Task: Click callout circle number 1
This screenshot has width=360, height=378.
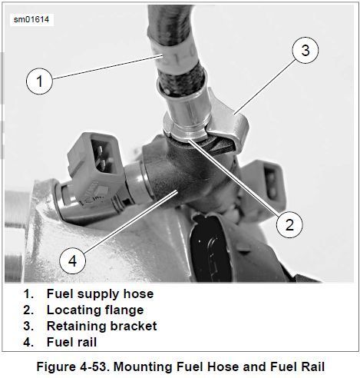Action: tap(39, 81)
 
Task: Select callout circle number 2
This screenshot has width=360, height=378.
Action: tap(289, 224)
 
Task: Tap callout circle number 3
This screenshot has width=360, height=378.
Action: tap(306, 50)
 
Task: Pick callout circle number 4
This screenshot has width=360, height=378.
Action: tap(73, 261)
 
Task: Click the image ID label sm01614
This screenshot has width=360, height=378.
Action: tap(31, 19)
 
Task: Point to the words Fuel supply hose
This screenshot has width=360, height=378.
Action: tap(100, 293)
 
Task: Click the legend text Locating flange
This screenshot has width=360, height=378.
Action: tap(95, 310)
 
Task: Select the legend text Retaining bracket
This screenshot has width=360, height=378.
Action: tap(102, 326)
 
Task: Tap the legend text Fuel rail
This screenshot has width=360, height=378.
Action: tap(72, 342)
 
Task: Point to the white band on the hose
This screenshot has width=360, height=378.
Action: tap(175, 58)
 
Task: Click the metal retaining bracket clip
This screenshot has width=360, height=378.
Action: tap(226, 121)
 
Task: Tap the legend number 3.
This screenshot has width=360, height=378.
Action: tap(28, 327)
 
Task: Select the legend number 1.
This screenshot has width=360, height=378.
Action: tap(28, 294)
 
